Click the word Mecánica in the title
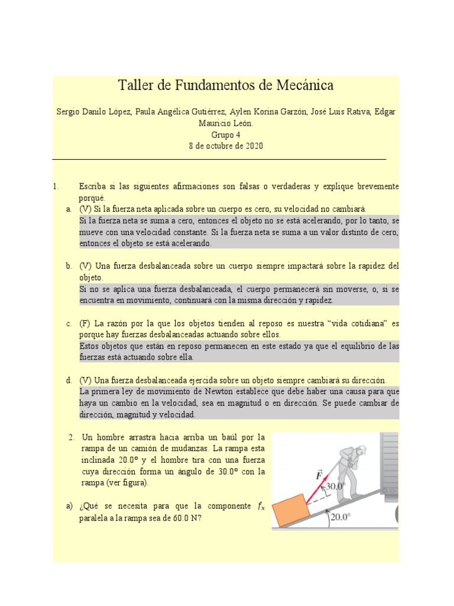pyautogui.click(x=304, y=85)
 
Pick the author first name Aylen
pyautogui.click(x=241, y=112)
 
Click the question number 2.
pyautogui.click(x=71, y=437)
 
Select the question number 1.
pyautogui.click(x=55, y=186)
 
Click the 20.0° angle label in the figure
pyautogui.click(x=340, y=517)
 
